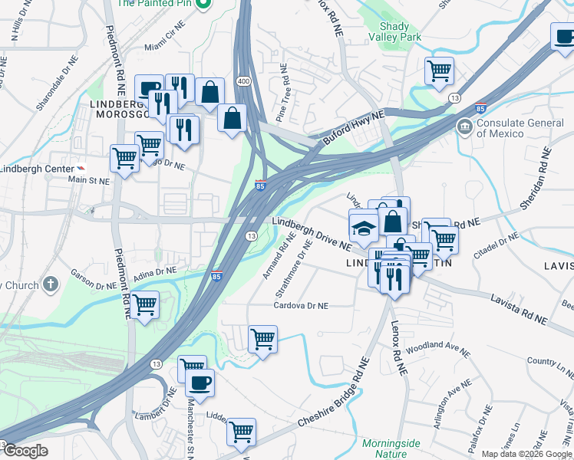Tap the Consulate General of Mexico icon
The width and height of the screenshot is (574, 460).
464,126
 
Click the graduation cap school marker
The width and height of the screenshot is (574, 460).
364,228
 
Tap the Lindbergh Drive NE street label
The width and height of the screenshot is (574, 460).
312,233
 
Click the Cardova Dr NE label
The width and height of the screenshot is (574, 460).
302,306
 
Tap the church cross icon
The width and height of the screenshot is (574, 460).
51,285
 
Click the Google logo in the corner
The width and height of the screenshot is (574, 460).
25,451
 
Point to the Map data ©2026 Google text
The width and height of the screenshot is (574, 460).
527,453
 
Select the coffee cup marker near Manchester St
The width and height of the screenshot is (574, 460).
200,383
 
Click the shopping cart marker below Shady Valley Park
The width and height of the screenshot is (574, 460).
439,71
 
